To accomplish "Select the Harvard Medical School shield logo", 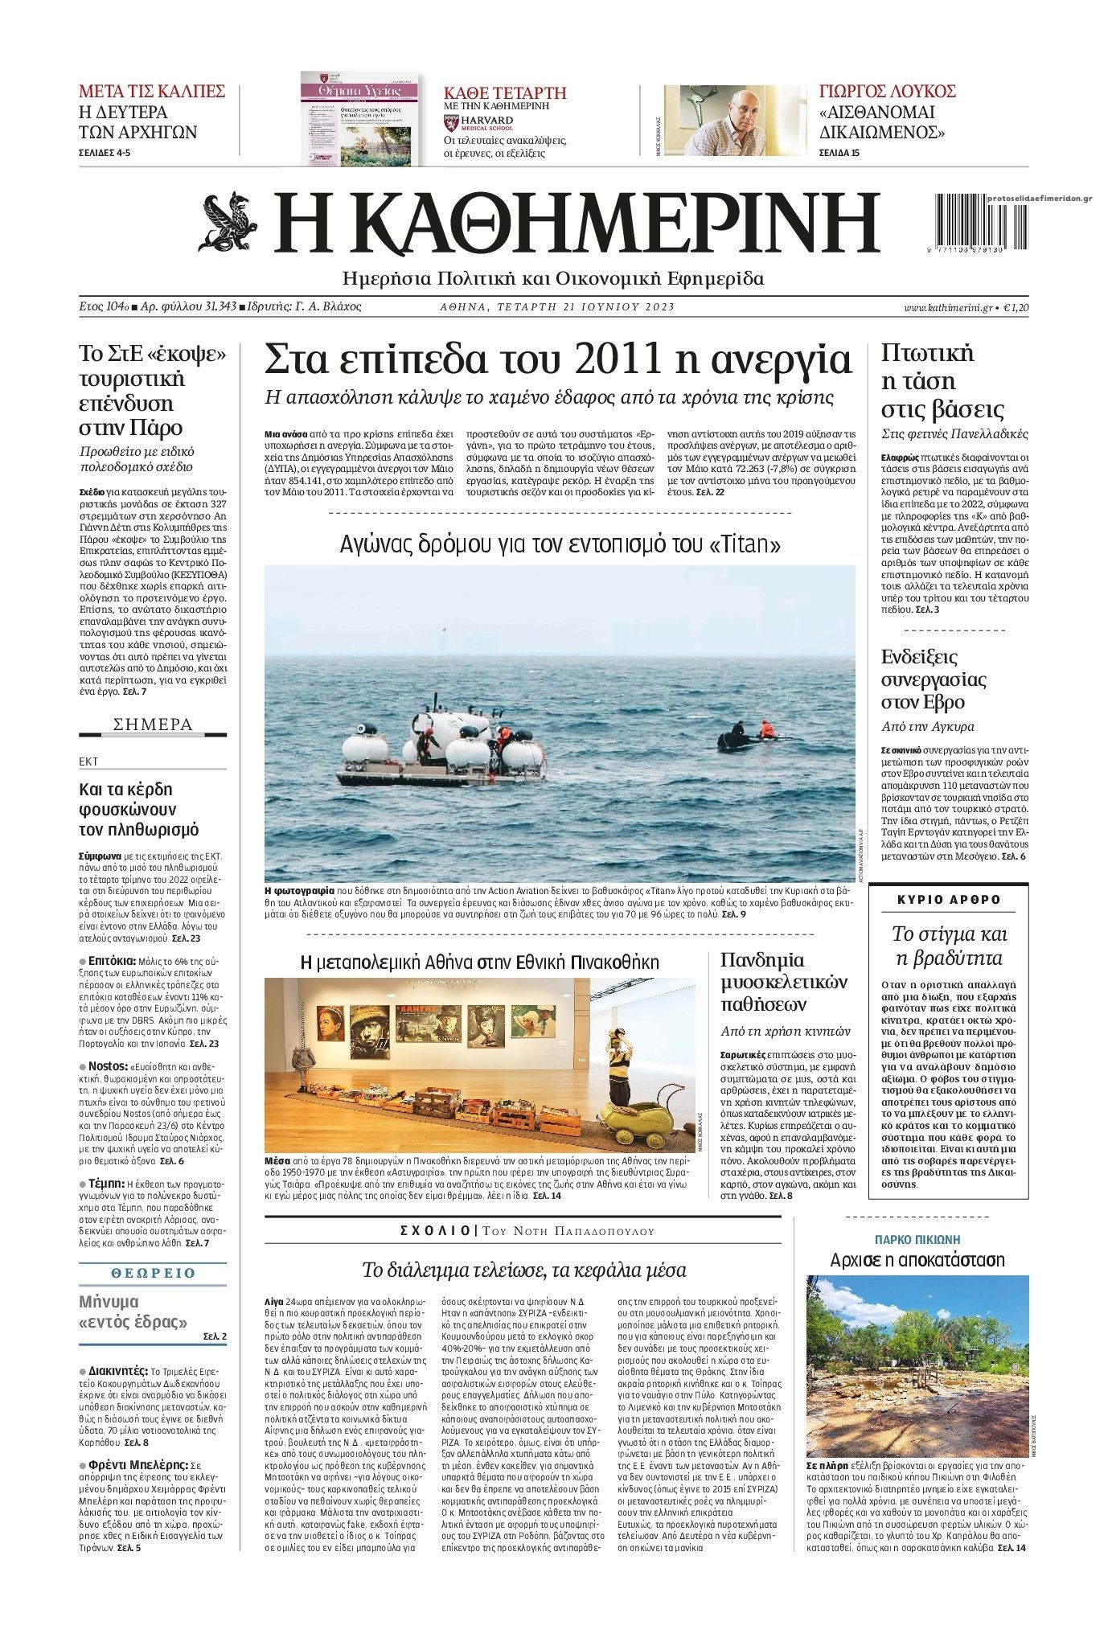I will pyautogui.click(x=450, y=122).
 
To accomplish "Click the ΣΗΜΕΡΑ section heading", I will pyautogui.click(x=153, y=724).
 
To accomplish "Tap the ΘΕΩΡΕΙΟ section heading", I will pyautogui.click(x=153, y=1273).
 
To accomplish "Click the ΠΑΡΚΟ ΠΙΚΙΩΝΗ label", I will pyautogui.click(x=917, y=1239).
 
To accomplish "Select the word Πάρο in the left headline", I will pyautogui.click(x=160, y=427).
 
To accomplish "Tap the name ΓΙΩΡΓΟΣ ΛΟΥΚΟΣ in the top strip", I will pyautogui.click(x=887, y=90).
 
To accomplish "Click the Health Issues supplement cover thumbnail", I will pyautogui.click(x=359, y=118).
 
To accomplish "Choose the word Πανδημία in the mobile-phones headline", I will pyautogui.click(x=763, y=960).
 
